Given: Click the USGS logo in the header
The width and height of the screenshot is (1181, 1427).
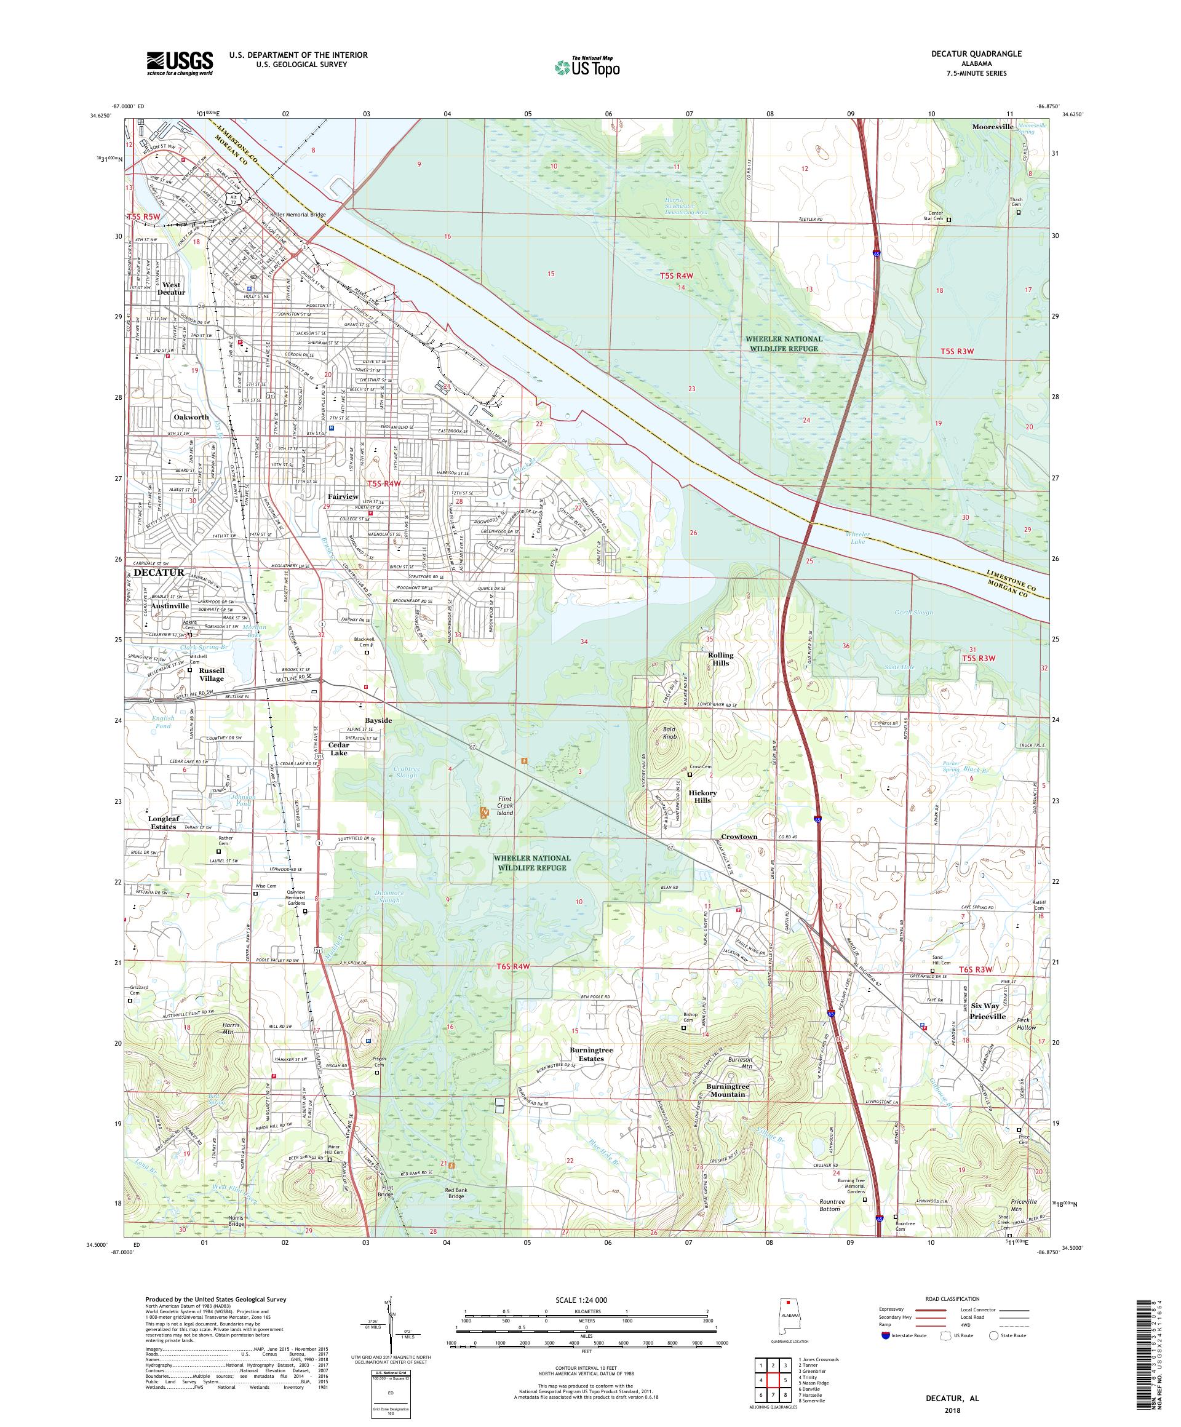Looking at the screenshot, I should [180, 63].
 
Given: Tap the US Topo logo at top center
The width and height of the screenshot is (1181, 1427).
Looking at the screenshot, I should [588, 66].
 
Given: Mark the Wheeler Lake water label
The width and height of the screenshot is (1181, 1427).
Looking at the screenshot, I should [857, 538].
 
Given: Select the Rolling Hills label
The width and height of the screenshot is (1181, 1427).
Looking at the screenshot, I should [721, 660].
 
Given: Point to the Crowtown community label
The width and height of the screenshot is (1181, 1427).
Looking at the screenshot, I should [739, 837].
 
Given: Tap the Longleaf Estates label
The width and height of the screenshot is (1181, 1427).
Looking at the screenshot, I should [162, 823].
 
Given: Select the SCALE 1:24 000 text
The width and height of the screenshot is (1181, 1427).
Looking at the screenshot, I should [586, 1299].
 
